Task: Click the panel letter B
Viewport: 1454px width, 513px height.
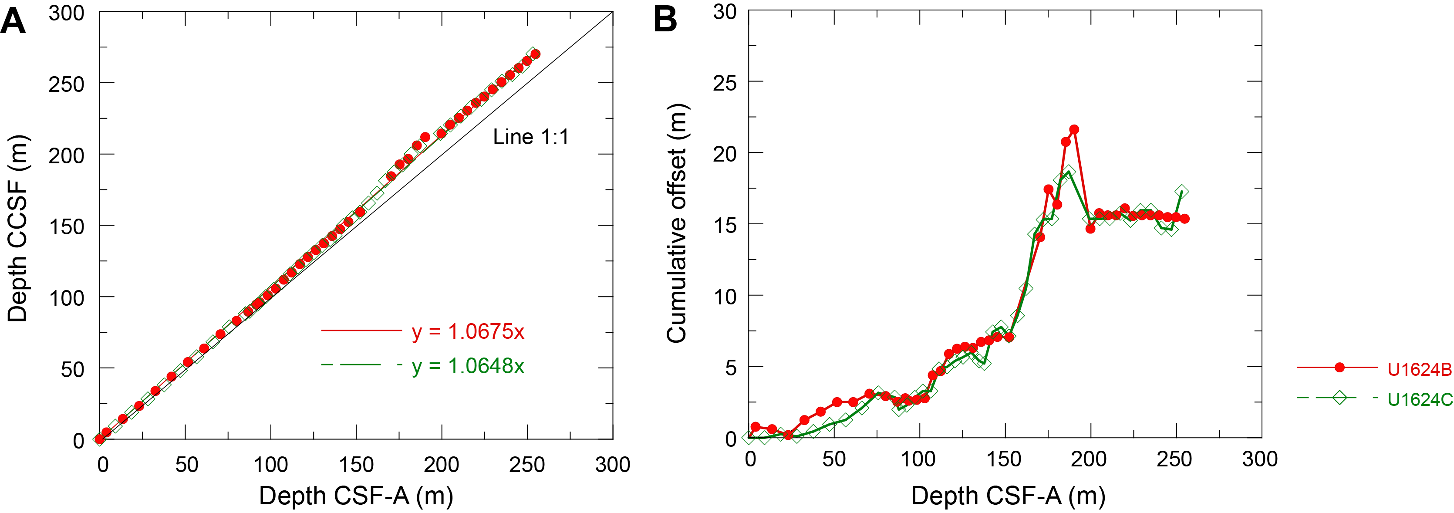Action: pyautogui.click(x=665, y=20)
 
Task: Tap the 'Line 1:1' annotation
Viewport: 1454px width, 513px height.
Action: pyautogui.click(x=530, y=137)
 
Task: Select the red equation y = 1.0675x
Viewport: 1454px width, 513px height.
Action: pyautogui.click(x=468, y=331)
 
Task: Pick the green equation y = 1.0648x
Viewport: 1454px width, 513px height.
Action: pyautogui.click(x=468, y=366)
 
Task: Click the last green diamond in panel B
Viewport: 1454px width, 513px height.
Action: pyautogui.click(x=1181, y=192)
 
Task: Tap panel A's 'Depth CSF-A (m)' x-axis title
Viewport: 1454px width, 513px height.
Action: pyautogui.click(x=356, y=496)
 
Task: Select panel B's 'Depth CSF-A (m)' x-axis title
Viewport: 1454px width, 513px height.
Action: pyautogui.click(x=1008, y=496)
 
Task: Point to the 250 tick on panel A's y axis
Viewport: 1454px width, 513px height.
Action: pyautogui.click(x=66, y=84)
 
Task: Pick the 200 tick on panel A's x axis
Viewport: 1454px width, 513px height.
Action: pyautogui.click(x=442, y=465)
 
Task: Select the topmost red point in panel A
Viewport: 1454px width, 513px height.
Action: pyautogui.click(x=536, y=54)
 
